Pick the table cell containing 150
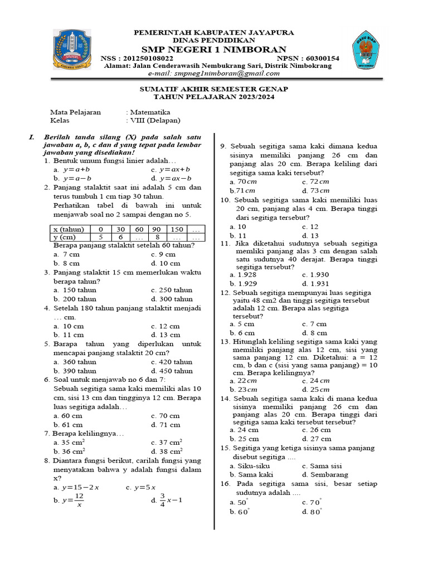(177, 229)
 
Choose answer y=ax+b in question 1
(174, 169)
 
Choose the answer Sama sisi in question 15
(326, 466)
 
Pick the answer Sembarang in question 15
(329, 475)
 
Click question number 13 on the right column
(225, 342)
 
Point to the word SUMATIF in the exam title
(158, 89)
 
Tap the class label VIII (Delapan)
(156, 120)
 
